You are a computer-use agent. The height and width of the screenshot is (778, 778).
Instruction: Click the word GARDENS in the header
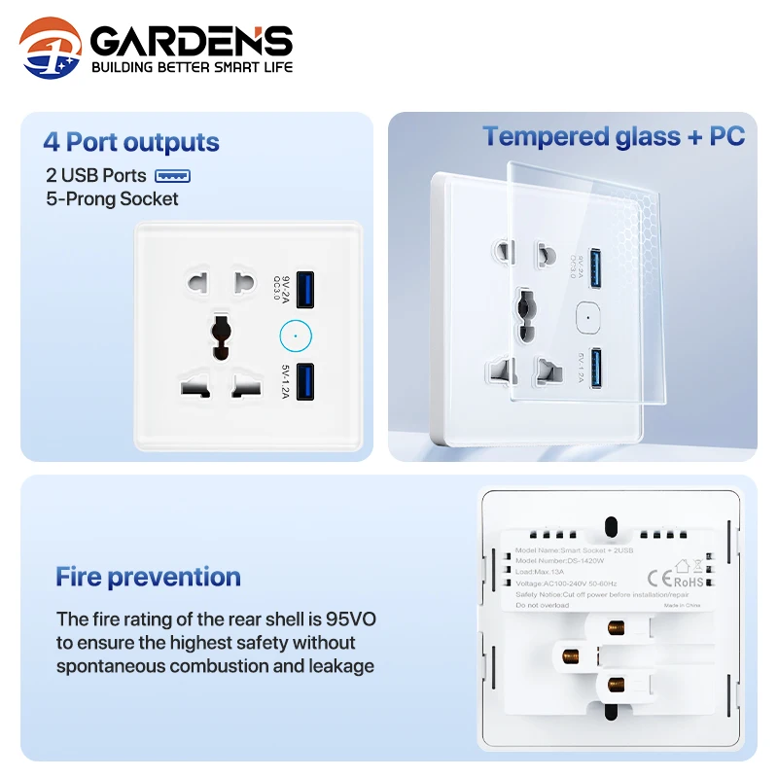(x=192, y=41)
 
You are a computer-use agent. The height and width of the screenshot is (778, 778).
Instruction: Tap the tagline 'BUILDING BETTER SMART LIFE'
(x=192, y=68)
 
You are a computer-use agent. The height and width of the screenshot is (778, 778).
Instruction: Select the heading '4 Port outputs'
(x=131, y=142)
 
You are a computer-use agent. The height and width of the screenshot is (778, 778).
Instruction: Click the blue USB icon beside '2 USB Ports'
(x=173, y=176)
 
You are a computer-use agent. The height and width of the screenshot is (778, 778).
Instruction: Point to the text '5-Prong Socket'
(x=112, y=199)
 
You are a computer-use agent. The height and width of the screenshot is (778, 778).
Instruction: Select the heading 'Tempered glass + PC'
(x=614, y=136)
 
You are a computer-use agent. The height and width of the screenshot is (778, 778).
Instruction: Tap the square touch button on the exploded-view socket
(x=586, y=316)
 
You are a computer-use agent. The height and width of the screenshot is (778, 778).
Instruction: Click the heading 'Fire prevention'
(x=148, y=577)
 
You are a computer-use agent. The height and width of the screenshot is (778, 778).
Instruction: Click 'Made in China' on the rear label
(x=682, y=605)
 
